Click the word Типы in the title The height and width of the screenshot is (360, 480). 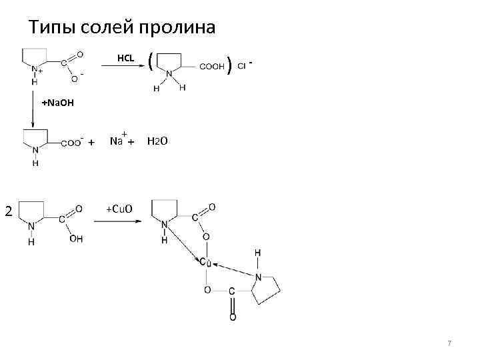point(49,28)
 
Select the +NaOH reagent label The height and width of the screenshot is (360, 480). point(58,104)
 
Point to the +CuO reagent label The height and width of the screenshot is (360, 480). point(119,209)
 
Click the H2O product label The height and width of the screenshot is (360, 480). point(158,141)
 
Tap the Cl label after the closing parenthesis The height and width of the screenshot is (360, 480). point(241,67)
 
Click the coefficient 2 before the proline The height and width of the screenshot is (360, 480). point(8,212)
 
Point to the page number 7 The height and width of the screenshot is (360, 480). point(449,343)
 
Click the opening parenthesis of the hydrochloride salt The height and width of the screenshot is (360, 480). point(152,63)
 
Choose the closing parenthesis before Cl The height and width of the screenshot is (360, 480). point(229,65)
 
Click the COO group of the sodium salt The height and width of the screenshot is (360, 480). point(71,142)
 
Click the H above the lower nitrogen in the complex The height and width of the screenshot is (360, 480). point(258,253)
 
